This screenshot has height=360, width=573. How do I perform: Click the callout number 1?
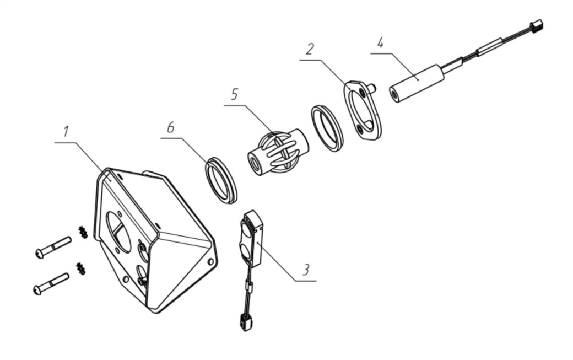pyautogui.click(x=66, y=132)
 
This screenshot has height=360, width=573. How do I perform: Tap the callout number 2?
pyautogui.click(x=310, y=49)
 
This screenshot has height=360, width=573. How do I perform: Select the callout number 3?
pyautogui.click(x=305, y=270)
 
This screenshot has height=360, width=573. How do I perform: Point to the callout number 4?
pyautogui.click(x=380, y=42)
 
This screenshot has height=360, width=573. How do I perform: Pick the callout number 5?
pyautogui.click(x=234, y=94)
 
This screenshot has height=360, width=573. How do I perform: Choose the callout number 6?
pyautogui.click(x=170, y=127)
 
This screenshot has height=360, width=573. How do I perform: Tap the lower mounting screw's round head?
pyautogui.click(x=37, y=290)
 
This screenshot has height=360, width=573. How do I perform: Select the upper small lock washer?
pyautogui.click(x=83, y=232)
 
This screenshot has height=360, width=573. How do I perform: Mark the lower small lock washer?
pyautogui.click(x=81, y=268)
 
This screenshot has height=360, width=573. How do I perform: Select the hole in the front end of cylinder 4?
pyautogui.click(x=394, y=95)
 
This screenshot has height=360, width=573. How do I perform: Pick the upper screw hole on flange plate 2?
pyautogui.click(x=363, y=92)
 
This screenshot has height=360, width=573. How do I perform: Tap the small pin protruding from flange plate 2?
pyautogui.click(x=372, y=88)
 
